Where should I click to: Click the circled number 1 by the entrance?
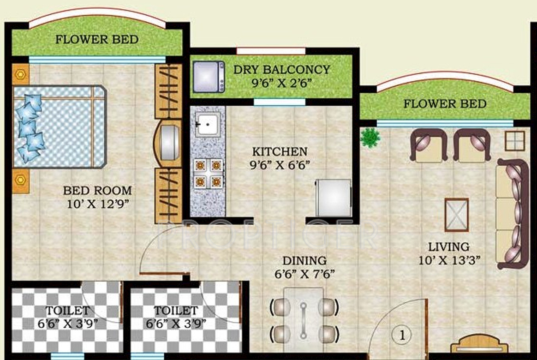(x=402, y=335)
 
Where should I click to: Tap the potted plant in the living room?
(x=370, y=138)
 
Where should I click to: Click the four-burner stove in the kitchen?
(x=208, y=174)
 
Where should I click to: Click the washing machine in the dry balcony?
(x=209, y=77)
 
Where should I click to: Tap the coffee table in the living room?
(x=457, y=215)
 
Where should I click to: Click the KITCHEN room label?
(x=280, y=151)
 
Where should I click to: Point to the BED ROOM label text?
(x=98, y=191)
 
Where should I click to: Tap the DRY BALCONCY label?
(x=281, y=70)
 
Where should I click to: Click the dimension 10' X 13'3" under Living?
(x=449, y=260)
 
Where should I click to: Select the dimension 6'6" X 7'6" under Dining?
(x=304, y=274)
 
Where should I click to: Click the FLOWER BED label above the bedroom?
(x=97, y=39)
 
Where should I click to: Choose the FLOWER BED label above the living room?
(x=445, y=104)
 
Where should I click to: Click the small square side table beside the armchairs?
(x=515, y=140)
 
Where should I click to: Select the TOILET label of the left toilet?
(x=68, y=311)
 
